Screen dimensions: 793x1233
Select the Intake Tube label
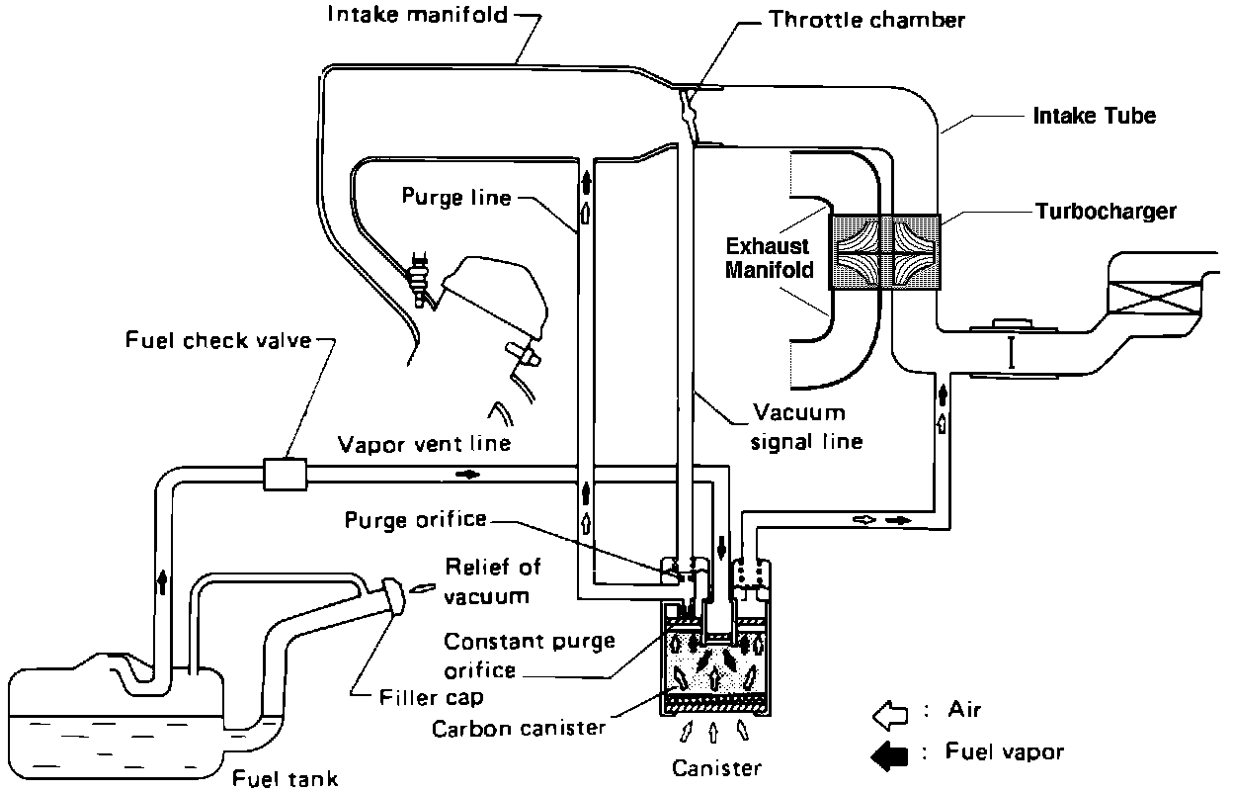(x=1094, y=116)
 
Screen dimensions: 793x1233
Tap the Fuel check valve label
(x=218, y=341)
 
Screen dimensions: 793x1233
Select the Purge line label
(x=455, y=197)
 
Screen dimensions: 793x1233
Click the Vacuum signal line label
(x=807, y=426)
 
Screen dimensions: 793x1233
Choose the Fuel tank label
(x=286, y=778)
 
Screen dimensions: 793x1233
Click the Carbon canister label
(x=519, y=730)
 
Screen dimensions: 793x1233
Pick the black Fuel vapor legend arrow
(x=890, y=754)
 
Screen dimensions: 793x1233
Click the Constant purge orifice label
(x=529, y=655)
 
